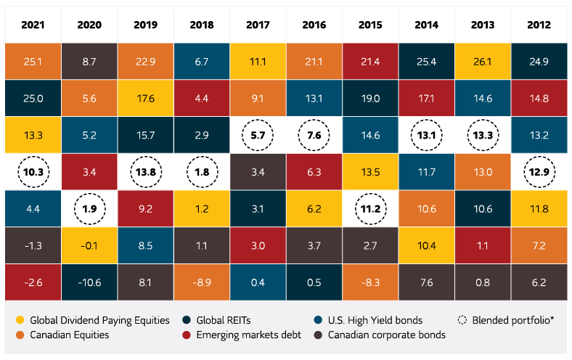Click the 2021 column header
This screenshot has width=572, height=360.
click(x=32, y=25)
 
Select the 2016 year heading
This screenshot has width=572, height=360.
click(x=314, y=25)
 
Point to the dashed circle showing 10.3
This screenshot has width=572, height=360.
click(x=32, y=172)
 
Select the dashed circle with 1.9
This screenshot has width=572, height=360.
click(x=89, y=209)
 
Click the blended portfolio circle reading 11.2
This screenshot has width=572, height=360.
click(x=371, y=209)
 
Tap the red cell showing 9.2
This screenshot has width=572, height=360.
click(x=145, y=209)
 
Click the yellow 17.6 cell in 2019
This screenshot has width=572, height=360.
click(x=145, y=97)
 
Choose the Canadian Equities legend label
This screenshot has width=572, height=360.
click(x=70, y=335)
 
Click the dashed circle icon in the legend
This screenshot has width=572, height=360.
click(x=462, y=320)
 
